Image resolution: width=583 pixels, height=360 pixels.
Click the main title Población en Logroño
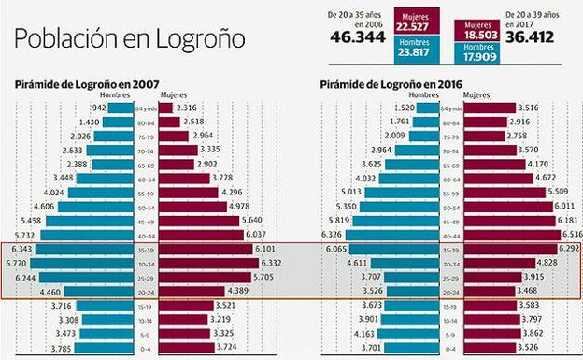pyautogui.click(x=130, y=39)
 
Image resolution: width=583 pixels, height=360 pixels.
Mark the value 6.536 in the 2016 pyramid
pyautogui.click(x=571, y=235)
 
